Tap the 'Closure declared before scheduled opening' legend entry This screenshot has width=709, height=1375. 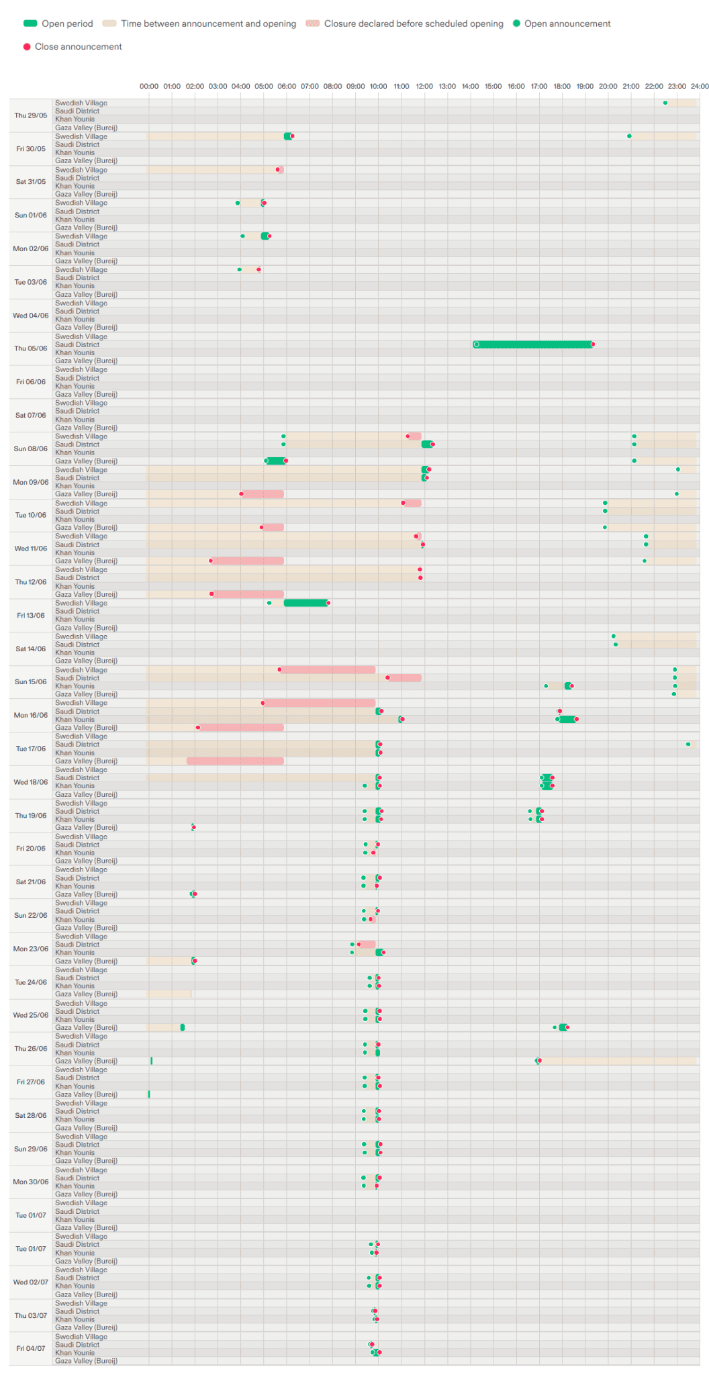(405, 23)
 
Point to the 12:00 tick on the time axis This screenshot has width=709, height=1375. (424, 86)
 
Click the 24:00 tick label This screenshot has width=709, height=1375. (700, 86)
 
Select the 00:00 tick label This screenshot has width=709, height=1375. (149, 86)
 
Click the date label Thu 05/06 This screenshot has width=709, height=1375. (31, 348)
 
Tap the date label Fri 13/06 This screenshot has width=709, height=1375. (31, 615)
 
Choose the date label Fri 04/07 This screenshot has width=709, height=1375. (31, 1348)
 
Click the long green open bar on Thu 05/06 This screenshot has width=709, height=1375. (534, 344)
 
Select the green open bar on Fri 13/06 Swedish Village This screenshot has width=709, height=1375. (305, 603)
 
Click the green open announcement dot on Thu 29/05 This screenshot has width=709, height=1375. (665, 103)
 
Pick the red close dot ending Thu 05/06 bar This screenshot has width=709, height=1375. (593, 344)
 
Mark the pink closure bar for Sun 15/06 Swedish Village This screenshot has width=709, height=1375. (328, 669)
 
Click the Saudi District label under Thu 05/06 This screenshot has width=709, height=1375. (77, 344)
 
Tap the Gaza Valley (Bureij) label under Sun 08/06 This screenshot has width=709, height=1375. (86, 461)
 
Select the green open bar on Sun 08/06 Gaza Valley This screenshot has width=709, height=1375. (276, 461)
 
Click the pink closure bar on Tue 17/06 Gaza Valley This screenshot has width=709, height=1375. (235, 761)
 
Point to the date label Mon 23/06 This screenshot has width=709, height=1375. (31, 949)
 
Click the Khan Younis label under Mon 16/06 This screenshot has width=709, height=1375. (75, 719)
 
